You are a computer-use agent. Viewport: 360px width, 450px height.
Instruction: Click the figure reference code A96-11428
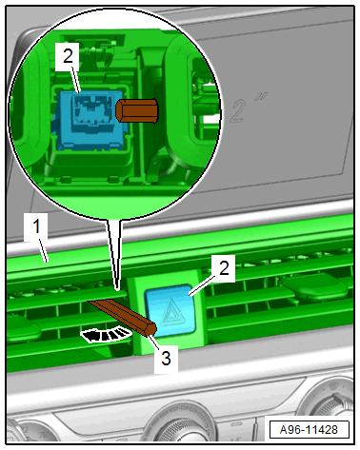tap(309, 430)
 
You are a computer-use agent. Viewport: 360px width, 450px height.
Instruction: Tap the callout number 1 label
tap(36, 226)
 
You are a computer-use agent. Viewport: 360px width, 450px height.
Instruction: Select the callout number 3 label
tap(166, 359)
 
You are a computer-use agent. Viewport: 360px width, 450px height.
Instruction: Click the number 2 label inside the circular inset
tap(68, 56)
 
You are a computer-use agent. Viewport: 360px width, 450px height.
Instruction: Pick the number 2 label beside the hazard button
tap(224, 268)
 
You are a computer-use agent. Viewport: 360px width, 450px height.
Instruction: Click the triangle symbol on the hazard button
tap(170, 313)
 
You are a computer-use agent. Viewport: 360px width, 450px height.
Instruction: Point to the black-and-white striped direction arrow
tap(106, 335)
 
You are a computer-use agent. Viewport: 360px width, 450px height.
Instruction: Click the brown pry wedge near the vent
tap(124, 318)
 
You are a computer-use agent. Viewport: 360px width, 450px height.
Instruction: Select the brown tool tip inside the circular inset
tap(137, 110)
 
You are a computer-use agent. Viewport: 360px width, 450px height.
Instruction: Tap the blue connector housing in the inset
tap(90, 119)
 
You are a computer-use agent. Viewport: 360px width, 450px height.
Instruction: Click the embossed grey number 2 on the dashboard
tap(237, 110)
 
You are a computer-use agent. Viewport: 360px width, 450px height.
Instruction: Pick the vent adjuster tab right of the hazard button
tap(314, 286)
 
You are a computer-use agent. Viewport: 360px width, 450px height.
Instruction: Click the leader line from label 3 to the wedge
tap(154, 342)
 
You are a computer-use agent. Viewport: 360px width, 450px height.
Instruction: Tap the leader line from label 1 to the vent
tap(43, 251)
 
